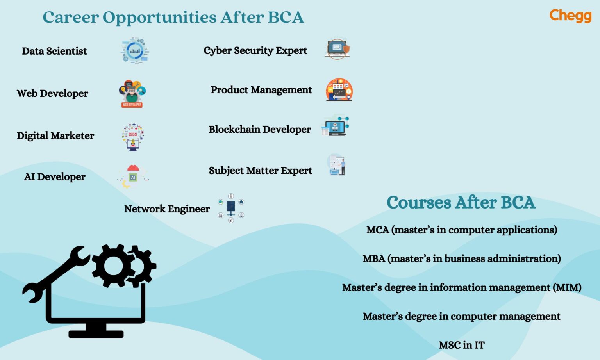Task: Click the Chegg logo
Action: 570,16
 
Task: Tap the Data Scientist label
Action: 54,51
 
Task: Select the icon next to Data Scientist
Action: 134,51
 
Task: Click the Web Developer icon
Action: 132,93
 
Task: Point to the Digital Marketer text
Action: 55,135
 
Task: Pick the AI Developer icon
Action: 133,176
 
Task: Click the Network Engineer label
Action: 167,209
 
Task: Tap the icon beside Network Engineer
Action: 231,208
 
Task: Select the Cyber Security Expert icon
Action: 337,49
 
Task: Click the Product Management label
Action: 261,90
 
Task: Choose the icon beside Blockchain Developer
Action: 335,126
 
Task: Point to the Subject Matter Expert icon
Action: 337,165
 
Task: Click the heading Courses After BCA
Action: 461,202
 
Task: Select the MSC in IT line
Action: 461,345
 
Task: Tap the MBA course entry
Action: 461,258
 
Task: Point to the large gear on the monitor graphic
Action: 113,266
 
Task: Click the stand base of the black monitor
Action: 96,334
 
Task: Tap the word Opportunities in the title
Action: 159,17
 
